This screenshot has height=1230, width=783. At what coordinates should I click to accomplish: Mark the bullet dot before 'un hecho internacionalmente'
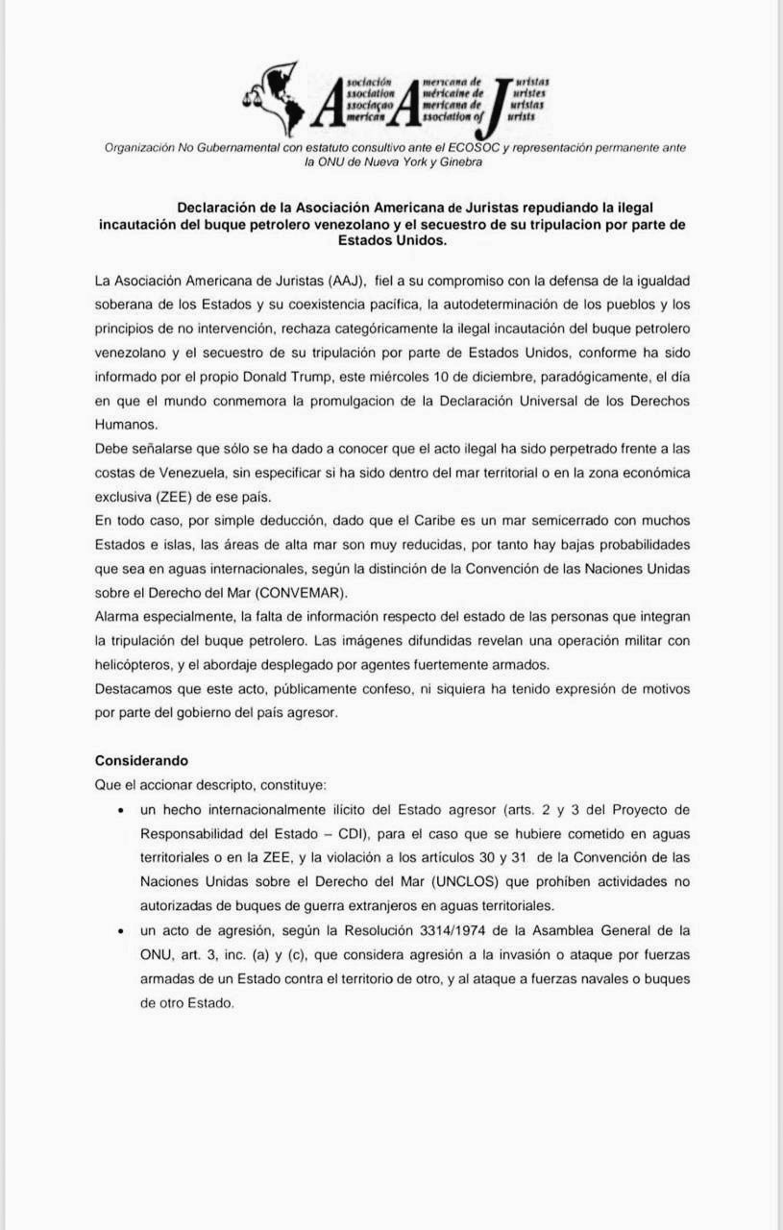(119, 810)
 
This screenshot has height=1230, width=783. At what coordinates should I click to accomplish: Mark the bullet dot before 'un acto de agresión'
(119, 931)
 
